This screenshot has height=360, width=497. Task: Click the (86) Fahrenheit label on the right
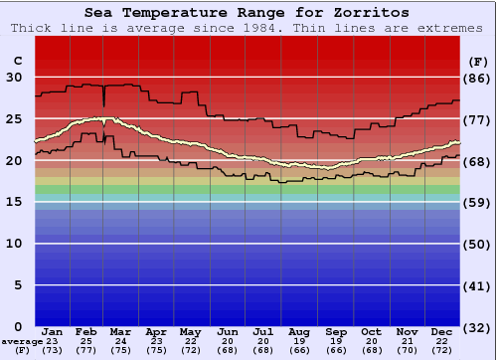[x=478, y=78]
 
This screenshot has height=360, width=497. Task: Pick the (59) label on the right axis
[x=478, y=202]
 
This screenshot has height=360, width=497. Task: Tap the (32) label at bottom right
[x=478, y=327]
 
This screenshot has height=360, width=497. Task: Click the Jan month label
[x=54, y=331]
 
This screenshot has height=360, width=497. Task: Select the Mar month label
[x=121, y=331]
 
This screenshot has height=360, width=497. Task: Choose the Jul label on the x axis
[x=263, y=331]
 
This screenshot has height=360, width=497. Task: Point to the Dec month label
[x=442, y=331]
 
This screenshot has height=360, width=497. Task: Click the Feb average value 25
[x=86, y=341]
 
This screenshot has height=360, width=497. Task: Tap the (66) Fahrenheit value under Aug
[x=299, y=350]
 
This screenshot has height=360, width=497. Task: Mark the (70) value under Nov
[x=407, y=350]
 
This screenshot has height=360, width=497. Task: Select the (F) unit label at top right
[x=478, y=62]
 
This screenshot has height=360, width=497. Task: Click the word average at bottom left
[x=21, y=341]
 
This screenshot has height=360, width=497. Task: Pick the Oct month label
[x=371, y=331]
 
